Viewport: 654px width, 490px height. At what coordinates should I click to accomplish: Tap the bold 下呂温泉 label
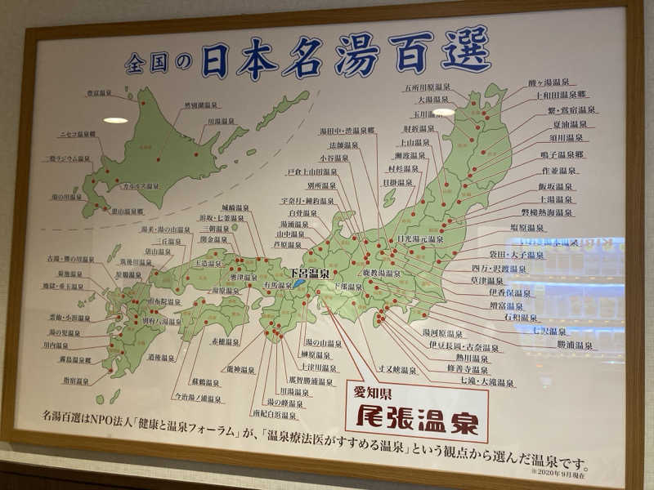tap(310, 274)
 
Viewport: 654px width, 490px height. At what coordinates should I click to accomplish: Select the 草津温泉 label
tap(487, 280)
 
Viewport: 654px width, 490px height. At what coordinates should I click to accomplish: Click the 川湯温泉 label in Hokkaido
tap(220, 122)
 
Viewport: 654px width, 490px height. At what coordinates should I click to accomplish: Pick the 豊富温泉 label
tap(99, 93)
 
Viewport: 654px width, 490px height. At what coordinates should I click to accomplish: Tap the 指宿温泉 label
tap(75, 380)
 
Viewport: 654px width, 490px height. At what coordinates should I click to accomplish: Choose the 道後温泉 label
tap(161, 358)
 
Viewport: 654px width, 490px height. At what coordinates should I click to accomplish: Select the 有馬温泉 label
tap(277, 285)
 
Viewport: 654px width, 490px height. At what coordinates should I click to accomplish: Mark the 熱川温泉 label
tap(471, 358)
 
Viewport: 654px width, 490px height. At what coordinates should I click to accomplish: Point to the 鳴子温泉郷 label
tap(562, 154)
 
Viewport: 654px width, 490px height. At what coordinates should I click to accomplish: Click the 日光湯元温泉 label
tap(420, 239)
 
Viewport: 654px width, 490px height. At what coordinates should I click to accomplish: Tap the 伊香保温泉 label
tap(509, 292)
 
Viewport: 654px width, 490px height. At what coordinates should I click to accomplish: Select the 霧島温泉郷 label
tap(74, 359)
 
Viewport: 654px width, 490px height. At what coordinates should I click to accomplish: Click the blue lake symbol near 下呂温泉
tap(299, 284)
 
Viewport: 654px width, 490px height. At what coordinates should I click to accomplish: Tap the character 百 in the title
tap(410, 53)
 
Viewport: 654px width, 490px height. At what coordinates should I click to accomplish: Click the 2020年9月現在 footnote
tap(560, 471)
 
